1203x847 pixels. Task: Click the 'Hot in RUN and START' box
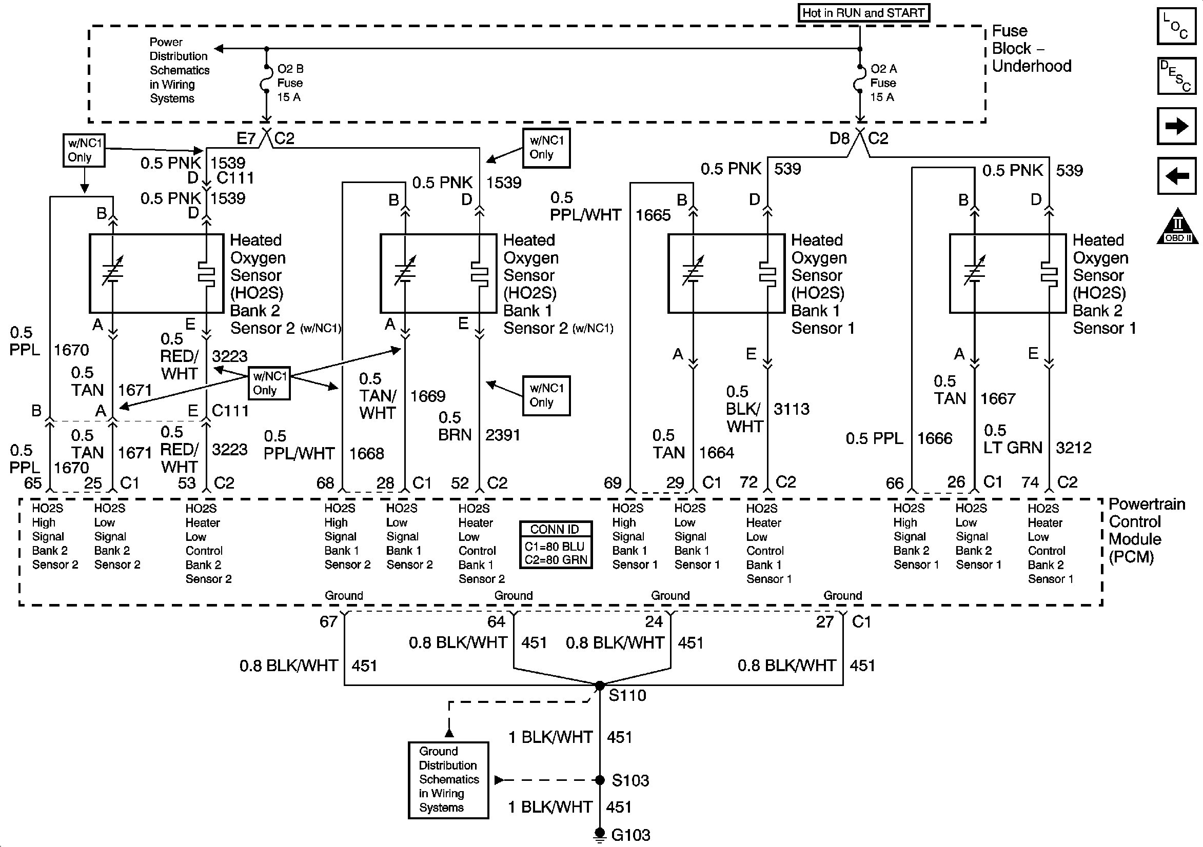863,13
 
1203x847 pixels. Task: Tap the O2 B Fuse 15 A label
290,83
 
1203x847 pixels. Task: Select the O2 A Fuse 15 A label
883,83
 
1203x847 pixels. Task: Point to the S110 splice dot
600,685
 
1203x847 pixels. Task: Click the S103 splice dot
600,780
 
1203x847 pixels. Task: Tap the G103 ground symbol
600,834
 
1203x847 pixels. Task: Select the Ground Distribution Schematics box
448,779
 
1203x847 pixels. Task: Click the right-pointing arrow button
1177,126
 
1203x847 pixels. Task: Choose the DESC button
1177,75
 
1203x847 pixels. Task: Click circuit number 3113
791,409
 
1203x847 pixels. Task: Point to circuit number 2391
502,435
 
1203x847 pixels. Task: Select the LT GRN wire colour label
1012,448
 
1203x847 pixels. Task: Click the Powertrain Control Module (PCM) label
1146,530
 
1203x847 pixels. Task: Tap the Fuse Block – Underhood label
1031,48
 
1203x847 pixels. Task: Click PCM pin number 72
748,482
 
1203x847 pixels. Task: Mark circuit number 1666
934,438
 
